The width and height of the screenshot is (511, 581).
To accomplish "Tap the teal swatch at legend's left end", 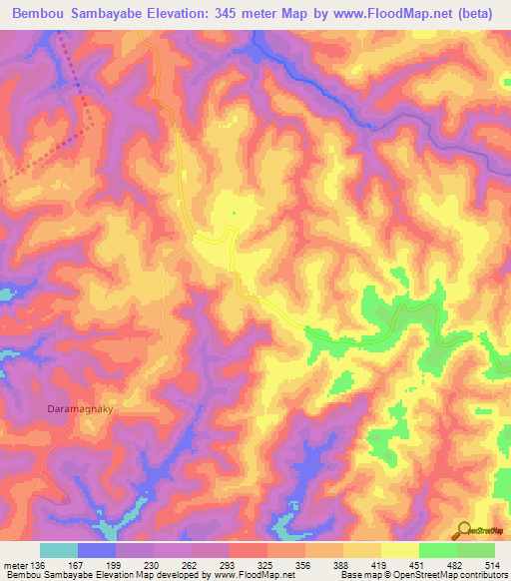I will click(59, 551).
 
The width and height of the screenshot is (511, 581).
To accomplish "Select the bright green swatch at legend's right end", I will click(476, 551).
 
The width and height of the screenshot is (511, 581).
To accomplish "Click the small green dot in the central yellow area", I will click(233, 212).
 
